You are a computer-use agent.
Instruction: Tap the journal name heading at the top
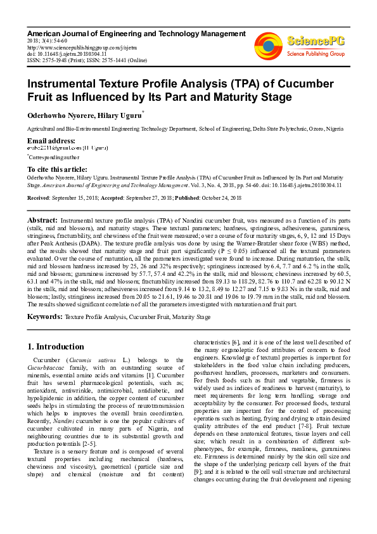124,32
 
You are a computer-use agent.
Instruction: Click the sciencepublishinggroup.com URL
72,46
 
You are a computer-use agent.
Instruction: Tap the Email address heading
51,140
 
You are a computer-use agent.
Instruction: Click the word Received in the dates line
39,198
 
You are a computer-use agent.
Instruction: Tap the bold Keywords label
44,316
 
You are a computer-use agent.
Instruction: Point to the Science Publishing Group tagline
315,55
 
